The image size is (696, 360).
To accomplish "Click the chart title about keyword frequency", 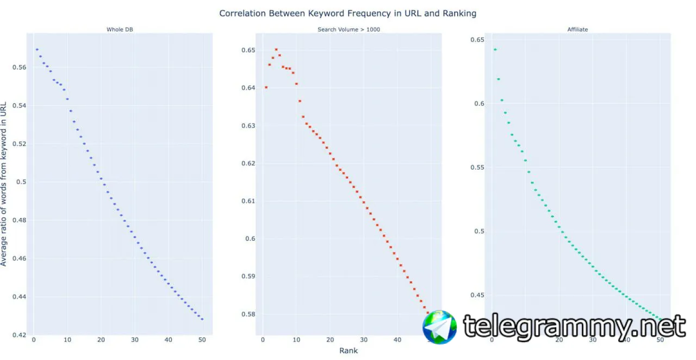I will tap(347, 13).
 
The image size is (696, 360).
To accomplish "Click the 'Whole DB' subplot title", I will tap(120, 29).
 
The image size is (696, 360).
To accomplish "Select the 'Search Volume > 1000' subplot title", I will tap(349, 29).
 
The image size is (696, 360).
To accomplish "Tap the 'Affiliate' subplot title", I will tap(577, 29).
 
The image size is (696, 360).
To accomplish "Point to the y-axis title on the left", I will tap(4, 183).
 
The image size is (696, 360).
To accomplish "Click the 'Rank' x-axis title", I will tap(349, 351).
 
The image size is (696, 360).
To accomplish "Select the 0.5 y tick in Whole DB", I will tap(22, 182).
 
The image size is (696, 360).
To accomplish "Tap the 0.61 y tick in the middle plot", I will tap(247, 201).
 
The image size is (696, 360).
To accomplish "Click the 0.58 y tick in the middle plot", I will tap(247, 314).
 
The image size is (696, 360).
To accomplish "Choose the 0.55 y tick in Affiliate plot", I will tap(477, 167).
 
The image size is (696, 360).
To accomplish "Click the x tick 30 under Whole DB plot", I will tap(134, 340).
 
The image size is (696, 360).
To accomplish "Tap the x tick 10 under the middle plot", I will tap(296, 340).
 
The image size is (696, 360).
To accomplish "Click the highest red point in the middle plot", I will tap(276, 49).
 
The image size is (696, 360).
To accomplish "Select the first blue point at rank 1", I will tap(37, 49).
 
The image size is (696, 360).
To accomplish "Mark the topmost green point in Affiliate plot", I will tap(495, 49).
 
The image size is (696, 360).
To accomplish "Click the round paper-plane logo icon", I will tap(440, 327).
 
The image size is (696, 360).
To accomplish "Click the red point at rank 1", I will tap(266, 87).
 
